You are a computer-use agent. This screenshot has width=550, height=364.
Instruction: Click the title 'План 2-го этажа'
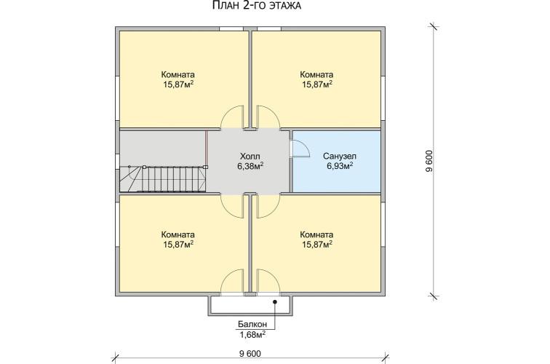tap(257, 5)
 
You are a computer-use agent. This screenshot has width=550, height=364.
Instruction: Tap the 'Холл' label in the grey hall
tap(250, 157)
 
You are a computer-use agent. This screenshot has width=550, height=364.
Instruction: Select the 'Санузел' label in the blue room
tap(340, 157)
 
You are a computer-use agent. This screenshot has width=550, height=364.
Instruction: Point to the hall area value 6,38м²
tap(250, 166)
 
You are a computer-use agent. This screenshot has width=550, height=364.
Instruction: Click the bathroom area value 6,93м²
tap(340, 166)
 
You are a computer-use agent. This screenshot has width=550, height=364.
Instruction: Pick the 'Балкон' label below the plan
tap(252, 325)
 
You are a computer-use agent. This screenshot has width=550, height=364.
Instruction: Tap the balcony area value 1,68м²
tap(252, 334)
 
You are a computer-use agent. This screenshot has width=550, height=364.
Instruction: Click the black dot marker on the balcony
tap(275, 301)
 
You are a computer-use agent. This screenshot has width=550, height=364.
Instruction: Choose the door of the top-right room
tap(268, 117)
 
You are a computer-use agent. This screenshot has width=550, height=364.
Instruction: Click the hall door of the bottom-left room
tap(232, 205)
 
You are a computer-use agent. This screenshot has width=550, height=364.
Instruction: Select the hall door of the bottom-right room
tap(268, 205)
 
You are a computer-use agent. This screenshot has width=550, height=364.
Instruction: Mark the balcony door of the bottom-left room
tap(232, 281)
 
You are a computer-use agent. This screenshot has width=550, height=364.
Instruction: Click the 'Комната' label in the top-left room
tap(178, 75)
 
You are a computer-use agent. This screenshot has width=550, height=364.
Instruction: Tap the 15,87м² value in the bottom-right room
tap(317, 245)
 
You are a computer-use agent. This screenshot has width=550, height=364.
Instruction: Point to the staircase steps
tap(163, 179)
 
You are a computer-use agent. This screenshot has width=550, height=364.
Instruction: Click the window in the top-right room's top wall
tap(269, 29)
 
